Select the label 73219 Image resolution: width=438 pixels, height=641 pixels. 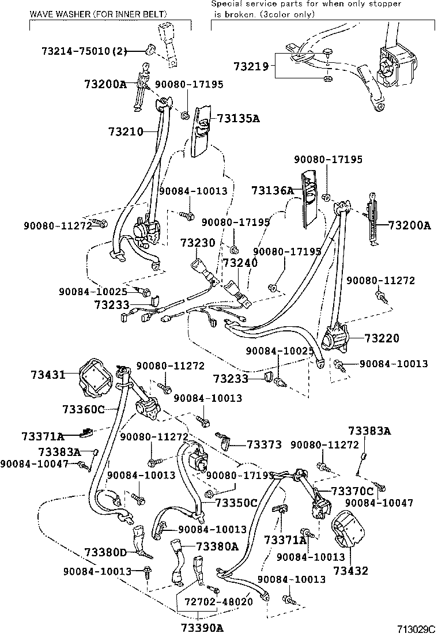point(251,66)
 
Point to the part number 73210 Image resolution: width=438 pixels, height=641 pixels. point(125,132)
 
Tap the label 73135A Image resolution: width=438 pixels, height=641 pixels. point(238,119)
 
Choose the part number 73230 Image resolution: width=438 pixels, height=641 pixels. point(197,243)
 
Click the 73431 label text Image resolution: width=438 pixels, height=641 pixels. point(48,375)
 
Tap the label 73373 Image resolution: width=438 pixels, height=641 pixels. point(264,444)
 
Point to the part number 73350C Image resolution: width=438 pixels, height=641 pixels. point(236,503)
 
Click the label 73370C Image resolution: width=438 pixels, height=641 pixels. point(352,491)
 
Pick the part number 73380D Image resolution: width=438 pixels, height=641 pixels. point(105,553)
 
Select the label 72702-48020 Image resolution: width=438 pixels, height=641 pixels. point(218,601)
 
